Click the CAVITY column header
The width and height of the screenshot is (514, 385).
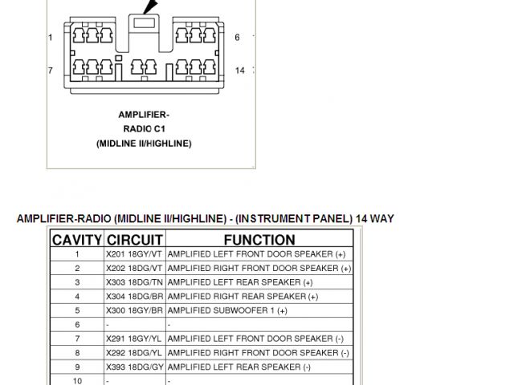77,240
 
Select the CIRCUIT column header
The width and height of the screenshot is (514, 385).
135,240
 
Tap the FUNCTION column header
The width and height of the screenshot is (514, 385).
259,240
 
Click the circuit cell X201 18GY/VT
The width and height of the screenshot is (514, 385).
134,254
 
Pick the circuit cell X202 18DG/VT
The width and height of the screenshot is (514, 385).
134,269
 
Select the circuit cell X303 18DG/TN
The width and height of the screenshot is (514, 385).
134,282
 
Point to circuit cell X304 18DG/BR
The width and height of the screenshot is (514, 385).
134,297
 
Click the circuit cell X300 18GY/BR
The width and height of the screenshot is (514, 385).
134,310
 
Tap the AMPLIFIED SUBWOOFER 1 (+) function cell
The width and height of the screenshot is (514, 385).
227,310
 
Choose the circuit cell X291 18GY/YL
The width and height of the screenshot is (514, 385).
134,338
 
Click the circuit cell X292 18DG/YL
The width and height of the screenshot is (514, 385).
134,353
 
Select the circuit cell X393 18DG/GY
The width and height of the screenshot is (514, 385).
134,367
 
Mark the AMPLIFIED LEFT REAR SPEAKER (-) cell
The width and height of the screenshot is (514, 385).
239,367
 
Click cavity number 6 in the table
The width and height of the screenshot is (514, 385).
77,325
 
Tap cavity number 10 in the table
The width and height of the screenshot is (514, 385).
77,380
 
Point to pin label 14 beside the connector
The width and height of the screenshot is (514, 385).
239,71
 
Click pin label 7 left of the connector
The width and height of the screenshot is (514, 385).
51,71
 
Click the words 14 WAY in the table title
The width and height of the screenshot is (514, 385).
372,219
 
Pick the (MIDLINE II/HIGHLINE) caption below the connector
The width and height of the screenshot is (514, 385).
144,143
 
